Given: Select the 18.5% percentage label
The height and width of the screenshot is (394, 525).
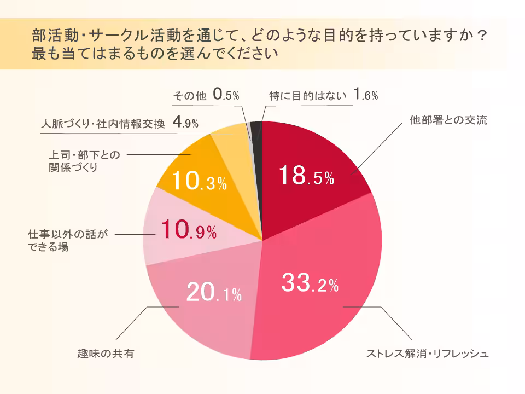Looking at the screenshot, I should (306, 176).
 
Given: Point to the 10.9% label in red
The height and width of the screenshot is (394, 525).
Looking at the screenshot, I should (189, 230).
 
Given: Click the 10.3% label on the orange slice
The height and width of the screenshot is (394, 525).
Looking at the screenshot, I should (199, 182).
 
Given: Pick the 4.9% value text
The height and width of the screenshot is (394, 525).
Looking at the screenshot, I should (185, 123).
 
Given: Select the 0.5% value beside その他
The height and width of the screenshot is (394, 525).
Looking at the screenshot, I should (226, 95).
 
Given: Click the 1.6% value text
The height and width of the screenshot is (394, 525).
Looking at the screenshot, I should (365, 95).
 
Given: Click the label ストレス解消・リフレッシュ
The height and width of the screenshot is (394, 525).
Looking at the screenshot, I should (427, 354).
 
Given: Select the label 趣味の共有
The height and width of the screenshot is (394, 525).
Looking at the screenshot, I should (106, 354).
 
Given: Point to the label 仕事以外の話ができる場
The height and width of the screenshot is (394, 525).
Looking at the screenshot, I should (65, 240).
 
